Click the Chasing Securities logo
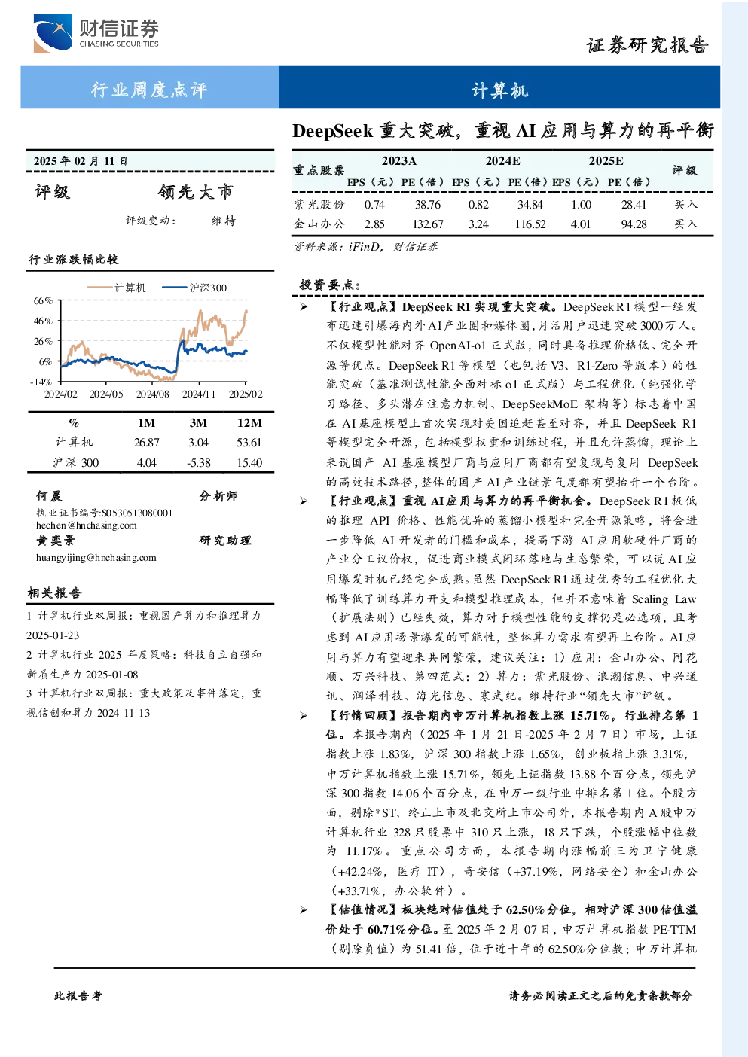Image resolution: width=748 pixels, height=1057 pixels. (96, 32)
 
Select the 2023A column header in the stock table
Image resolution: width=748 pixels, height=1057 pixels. (399, 161)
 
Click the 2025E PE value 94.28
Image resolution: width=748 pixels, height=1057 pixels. (634, 224)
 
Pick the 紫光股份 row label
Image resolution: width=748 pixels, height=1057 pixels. (319, 204)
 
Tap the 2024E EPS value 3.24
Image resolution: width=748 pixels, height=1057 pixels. (478, 224)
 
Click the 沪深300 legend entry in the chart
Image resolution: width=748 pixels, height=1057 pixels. (194, 288)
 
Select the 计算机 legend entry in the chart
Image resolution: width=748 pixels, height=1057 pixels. (116, 288)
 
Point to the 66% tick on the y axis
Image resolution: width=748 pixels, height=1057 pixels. (43, 300)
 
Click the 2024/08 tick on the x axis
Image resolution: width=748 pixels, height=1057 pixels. (152, 394)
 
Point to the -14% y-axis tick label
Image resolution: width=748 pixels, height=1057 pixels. (41, 382)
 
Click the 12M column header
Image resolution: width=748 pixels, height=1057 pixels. (249, 423)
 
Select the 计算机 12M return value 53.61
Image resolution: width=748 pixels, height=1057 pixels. (249, 443)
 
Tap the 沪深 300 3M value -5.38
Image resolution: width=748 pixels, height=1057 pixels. (198, 463)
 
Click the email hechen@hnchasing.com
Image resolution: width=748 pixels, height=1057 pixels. (87, 525)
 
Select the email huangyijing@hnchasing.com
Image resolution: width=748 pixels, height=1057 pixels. (96, 558)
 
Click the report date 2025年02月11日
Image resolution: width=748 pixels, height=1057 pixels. (81, 161)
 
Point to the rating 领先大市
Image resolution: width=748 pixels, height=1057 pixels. (196, 192)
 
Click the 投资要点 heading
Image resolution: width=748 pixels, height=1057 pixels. (330, 285)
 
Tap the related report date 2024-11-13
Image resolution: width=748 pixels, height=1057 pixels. (124, 713)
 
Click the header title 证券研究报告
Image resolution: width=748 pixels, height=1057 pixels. (647, 45)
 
